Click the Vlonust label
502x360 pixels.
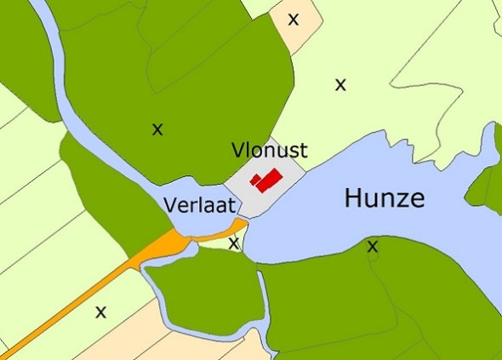point(269,151)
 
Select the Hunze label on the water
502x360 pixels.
point(384,199)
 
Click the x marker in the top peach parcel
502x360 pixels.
point(294,19)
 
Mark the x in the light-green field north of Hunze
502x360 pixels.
point(340,84)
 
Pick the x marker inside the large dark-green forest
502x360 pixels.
point(157,129)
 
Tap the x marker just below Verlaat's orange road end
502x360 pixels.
point(234,244)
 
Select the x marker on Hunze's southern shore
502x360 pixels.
point(372,247)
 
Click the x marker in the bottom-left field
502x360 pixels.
point(101,311)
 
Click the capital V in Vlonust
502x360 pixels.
point(237,151)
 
